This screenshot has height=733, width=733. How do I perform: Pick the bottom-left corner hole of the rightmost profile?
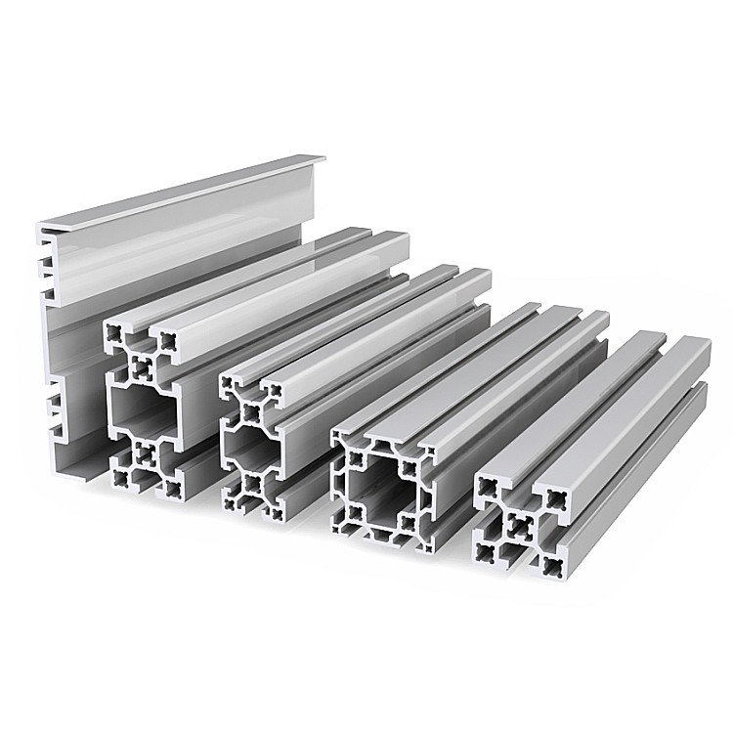[x=486, y=554]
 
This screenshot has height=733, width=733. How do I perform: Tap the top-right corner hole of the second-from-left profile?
[x=170, y=341]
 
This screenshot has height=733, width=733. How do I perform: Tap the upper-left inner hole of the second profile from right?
[x=356, y=455]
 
